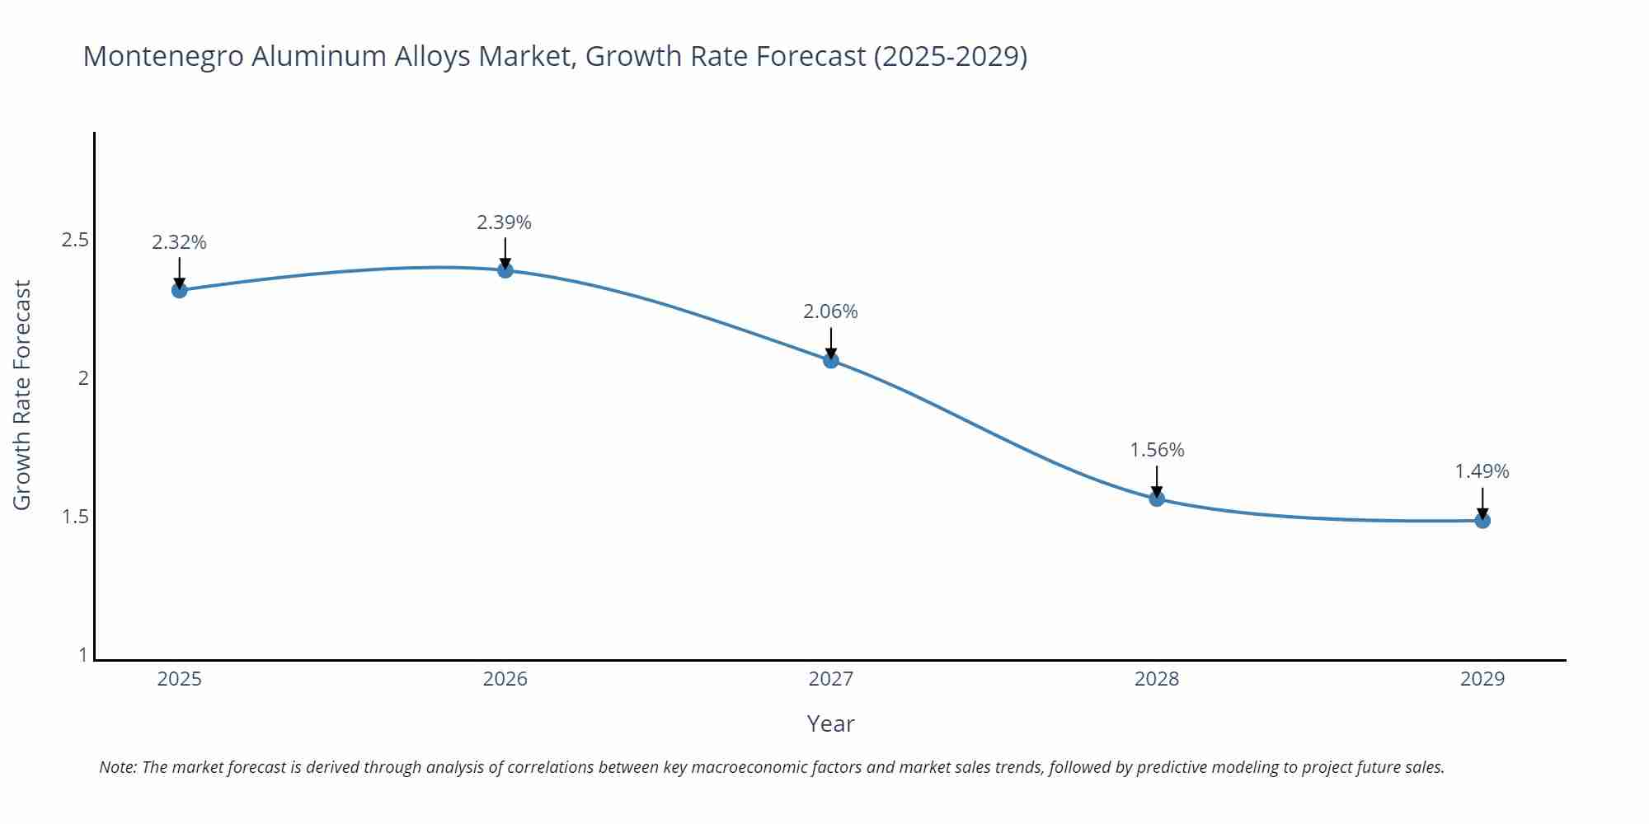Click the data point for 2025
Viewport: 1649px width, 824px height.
coord(179,290)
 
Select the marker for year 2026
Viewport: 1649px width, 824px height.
coord(505,270)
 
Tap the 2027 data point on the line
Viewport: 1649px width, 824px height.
coord(831,360)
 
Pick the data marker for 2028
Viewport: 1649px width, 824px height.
coord(1157,499)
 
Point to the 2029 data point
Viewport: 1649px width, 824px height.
coord(1482,521)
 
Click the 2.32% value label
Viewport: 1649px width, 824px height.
coord(179,242)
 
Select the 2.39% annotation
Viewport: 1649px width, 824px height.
coord(504,222)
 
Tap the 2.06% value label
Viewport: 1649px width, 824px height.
coord(830,311)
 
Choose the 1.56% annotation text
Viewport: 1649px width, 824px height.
coord(1157,450)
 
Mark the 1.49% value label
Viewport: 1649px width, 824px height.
coord(1482,471)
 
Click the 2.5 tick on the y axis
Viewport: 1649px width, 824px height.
coord(75,240)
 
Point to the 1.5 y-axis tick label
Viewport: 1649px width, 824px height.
coord(75,517)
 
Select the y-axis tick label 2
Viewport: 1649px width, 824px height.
coord(83,378)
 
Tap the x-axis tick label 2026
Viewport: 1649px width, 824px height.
coord(505,679)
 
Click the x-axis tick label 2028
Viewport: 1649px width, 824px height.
coord(1157,679)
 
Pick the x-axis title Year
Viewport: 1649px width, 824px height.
coord(830,723)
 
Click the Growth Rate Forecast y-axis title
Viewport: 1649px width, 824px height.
coord(22,395)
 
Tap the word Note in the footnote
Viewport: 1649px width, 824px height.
coord(117,767)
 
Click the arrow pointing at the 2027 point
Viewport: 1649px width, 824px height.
coord(831,342)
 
